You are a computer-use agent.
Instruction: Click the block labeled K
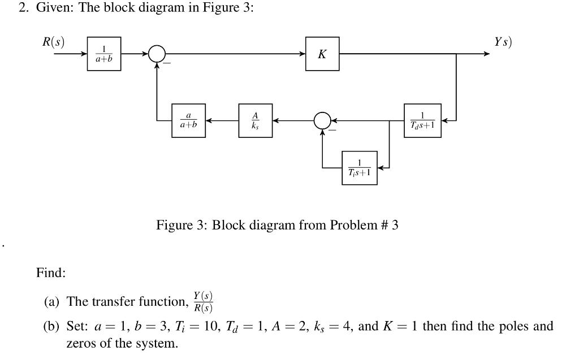click(322, 54)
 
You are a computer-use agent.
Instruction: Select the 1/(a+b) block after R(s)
click(103, 54)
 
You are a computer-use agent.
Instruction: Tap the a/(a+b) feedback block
click(188, 120)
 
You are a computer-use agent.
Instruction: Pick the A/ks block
click(255, 120)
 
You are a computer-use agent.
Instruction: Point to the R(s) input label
click(54, 42)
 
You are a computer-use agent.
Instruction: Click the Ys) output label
click(502, 42)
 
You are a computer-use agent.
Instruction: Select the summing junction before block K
click(157, 54)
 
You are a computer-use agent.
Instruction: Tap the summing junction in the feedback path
click(322, 120)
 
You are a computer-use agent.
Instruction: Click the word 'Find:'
click(51, 273)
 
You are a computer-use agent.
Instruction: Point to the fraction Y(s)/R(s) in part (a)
click(202, 302)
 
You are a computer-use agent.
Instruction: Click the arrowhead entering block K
click(303, 54)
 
